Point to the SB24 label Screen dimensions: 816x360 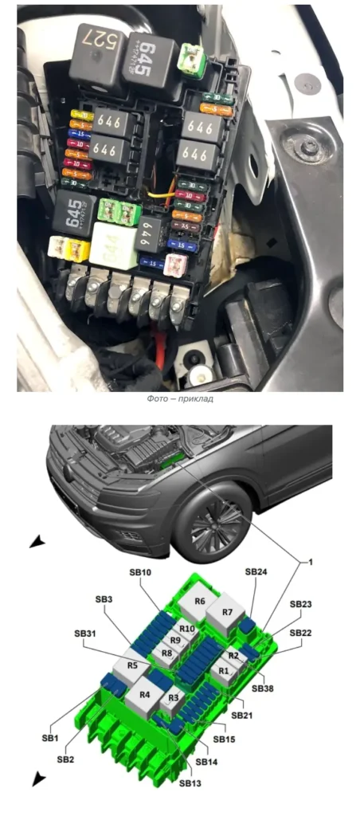[256, 571]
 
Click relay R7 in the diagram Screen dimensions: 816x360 [228, 613]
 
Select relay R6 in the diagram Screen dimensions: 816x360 [199, 602]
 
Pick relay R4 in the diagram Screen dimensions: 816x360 [145, 695]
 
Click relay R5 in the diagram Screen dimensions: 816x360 [132, 665]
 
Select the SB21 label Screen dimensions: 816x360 [243, 716]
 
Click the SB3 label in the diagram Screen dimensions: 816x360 [104, 599]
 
